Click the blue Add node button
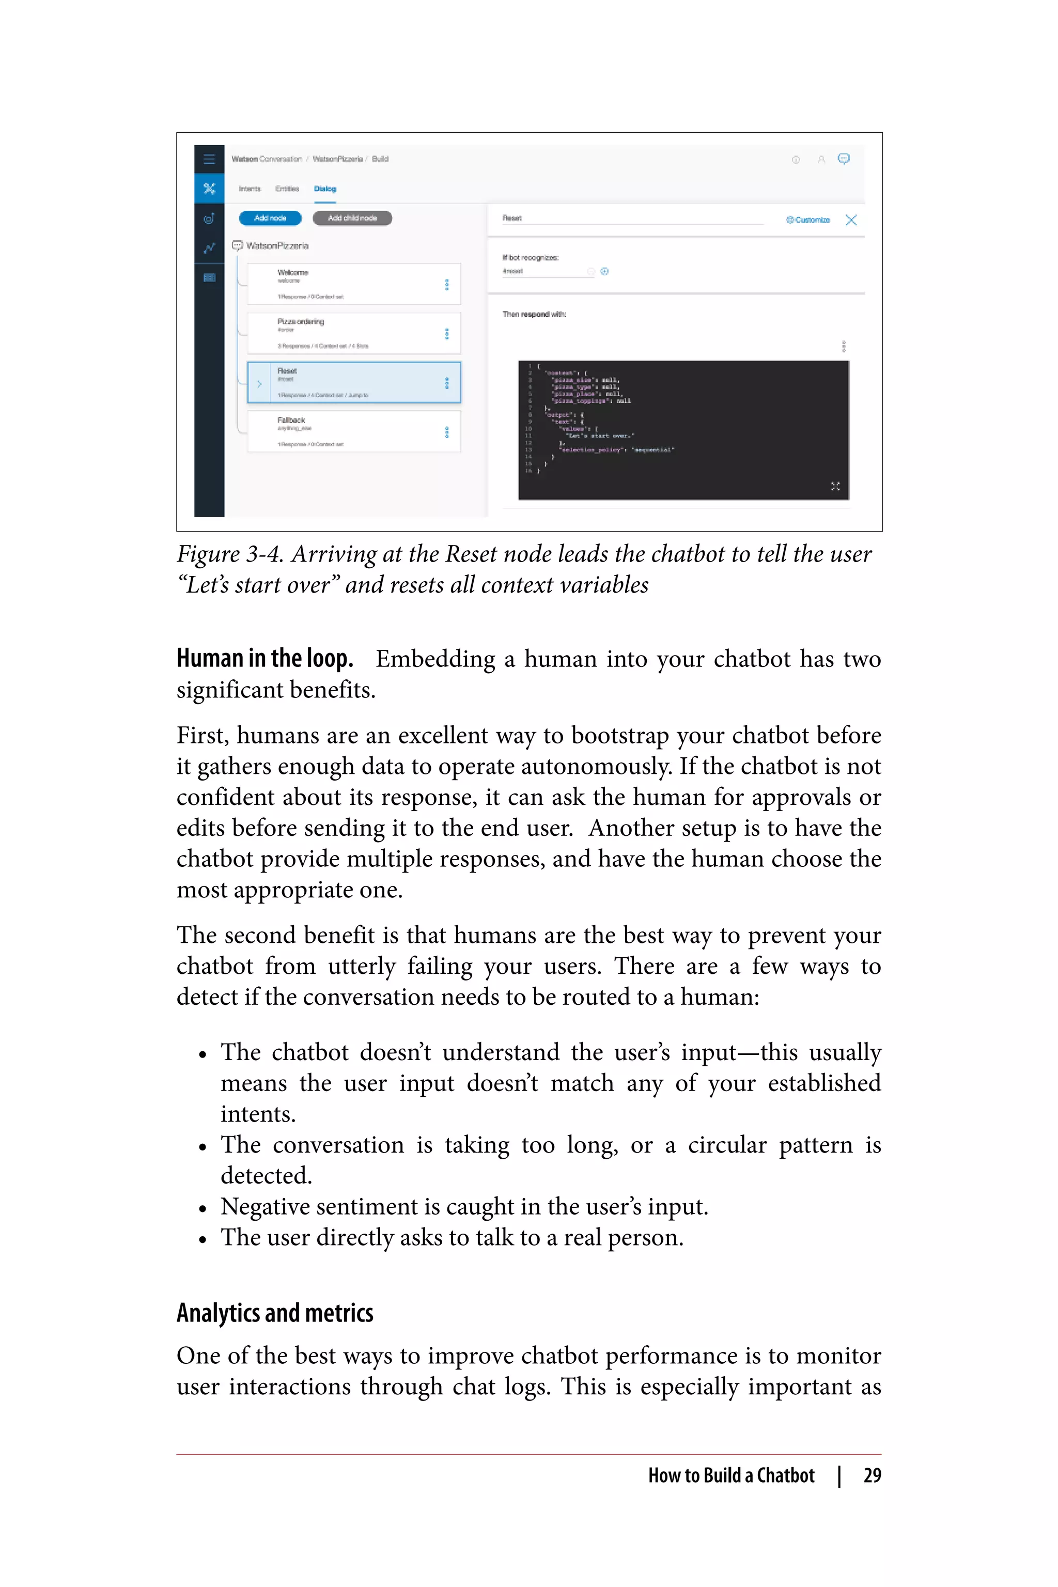[270, 218]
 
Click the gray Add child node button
[352, 218]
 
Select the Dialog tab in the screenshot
[324, 189]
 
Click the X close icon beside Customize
[851, 220]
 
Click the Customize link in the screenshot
[808, 220]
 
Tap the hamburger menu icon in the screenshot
[209, 159]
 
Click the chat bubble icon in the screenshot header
[844, 159]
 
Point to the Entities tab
[287, 189]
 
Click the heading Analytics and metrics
[275, 1313]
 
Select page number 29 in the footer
[872, 1475]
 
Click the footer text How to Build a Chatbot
[731, 1475]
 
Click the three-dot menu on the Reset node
[447, 383]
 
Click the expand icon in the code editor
[835, 486]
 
